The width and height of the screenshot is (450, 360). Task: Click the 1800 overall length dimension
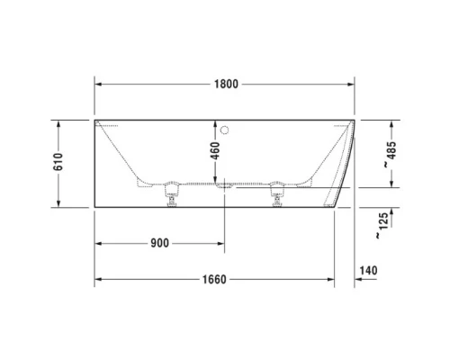pos(225,85)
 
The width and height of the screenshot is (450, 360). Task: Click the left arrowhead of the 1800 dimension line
pos(99,85)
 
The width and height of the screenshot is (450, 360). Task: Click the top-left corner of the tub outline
pos(94,118)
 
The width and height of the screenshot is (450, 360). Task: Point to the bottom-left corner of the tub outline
pos(94,205)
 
